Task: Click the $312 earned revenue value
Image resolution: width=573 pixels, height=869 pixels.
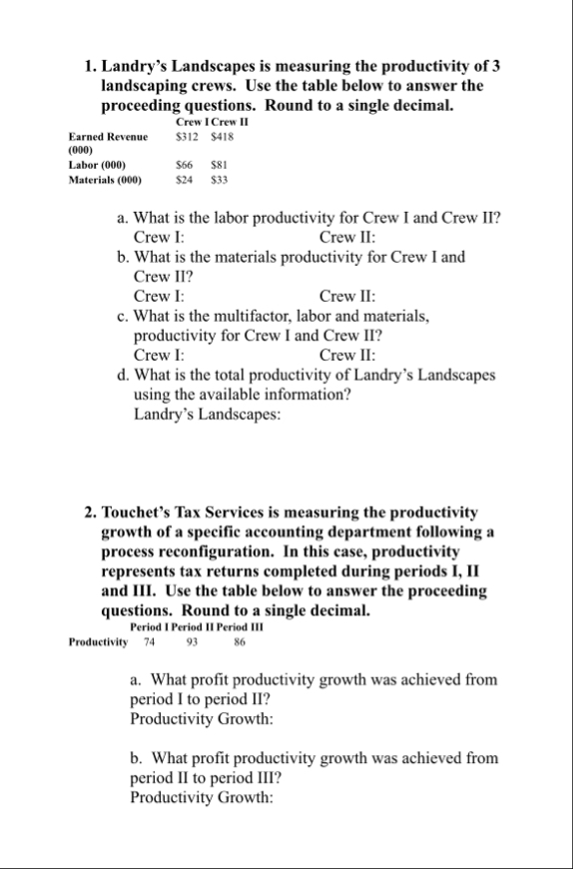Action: (x=187, y=137)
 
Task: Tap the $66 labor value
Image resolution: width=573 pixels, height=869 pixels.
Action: (x=184, y=166)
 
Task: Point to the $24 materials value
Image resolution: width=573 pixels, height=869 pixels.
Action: (x=184, y=181)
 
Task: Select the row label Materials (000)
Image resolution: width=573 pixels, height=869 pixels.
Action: (x=105, y=181)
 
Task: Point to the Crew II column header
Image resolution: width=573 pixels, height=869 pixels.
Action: (x=231, y=122)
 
